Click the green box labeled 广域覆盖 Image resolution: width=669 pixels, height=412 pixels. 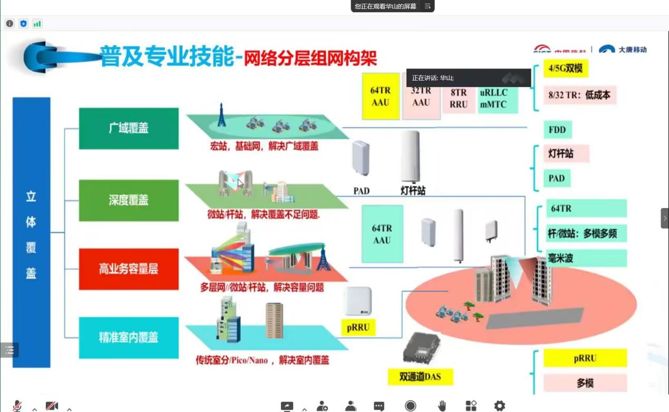[x=129, y=129]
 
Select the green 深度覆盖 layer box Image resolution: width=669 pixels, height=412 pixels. [x=129, y=200]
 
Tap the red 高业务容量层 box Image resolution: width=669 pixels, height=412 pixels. [x=129, y=269]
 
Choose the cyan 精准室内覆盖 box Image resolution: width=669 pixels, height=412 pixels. [x=129, y=338]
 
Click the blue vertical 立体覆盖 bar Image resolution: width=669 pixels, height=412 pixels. [x=31, y=232]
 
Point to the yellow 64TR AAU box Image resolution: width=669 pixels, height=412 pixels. [x=381, y=96]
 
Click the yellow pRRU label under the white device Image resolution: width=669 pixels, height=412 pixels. [x=358, y=327]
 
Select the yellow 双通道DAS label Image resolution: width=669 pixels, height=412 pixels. [x=420, y=377]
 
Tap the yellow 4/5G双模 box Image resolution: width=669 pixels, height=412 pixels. [x=566, y=68]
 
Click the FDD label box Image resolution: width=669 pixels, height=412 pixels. [x=557, y=130]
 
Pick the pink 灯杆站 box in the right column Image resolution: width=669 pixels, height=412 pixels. [x=566, y=154]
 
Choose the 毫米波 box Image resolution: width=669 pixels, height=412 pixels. [x=585, y=258]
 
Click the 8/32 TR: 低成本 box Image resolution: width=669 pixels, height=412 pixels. [x=579, y=95]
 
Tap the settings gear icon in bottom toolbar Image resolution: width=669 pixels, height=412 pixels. [x=499, y=406]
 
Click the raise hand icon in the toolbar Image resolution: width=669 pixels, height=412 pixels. [x=442, y=406]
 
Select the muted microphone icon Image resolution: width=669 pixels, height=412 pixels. [x=17, y=406]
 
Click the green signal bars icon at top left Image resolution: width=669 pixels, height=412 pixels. [x=37, y=24]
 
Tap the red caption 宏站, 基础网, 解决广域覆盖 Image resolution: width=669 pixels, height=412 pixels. [x=264, y=146]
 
